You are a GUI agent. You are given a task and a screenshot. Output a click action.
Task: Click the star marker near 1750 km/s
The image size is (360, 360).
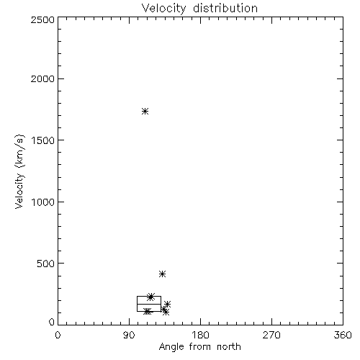coord(145,111)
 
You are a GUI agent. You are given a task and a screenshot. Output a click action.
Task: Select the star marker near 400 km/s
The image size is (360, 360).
coord(162,274)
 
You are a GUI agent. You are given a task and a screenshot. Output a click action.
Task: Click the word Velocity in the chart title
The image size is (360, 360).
coord(163,9)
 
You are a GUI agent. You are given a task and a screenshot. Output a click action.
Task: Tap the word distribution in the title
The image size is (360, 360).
coord(225,9)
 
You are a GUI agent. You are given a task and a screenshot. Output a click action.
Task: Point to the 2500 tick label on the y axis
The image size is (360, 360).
coord(42,19)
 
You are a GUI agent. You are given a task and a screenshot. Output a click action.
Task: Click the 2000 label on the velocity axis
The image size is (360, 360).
coord(42,79)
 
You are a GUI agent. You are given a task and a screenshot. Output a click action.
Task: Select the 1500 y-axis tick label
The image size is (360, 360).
coord(43,140)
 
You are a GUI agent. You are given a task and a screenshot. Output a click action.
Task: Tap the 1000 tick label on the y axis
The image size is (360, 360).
coord(43,202)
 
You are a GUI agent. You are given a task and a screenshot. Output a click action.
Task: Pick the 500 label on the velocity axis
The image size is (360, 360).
coord(46,264)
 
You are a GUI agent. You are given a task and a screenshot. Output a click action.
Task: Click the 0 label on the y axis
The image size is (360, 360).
coord(52,322)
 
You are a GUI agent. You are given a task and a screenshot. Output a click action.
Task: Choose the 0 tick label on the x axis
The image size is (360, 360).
coord(58,335)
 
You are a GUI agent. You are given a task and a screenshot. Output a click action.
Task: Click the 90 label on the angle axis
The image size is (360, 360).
coord(129,335)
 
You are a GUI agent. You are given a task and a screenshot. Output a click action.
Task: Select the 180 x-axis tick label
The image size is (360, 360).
coord(200,335)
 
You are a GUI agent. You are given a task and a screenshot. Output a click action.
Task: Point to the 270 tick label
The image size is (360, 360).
coord(271,335)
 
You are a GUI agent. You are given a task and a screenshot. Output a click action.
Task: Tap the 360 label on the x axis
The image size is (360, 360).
coord(343,335)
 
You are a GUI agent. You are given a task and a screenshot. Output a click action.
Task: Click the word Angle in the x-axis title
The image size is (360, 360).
coord(171,347)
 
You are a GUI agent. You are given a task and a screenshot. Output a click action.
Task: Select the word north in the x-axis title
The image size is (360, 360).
coord(229,346)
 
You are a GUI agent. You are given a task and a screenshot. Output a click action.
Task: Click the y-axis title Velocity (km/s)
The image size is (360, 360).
coord(19,171)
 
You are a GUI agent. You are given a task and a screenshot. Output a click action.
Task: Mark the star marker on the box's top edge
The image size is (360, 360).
coord(150,297)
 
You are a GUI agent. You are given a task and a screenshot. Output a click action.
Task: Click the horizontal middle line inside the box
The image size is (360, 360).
coord(149,304)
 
